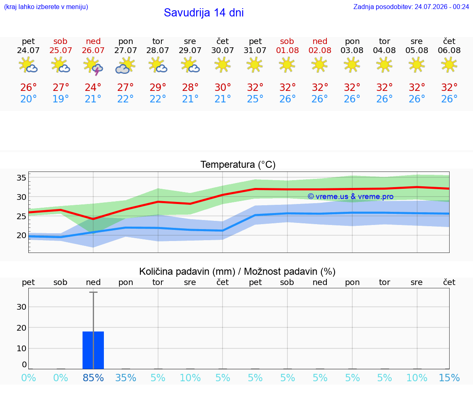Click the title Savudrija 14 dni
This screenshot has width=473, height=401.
point(204,13)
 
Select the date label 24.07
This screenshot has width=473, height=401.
point(28,51)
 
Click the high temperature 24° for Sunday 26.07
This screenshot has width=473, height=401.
point(93,87)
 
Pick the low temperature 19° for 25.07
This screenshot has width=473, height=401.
point(61,99)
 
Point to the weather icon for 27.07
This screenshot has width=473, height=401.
point(125,65)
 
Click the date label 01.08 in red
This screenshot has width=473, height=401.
point(287,51)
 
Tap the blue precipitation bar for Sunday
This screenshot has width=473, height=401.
point(93,350)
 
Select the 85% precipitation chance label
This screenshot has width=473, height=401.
point(93,378)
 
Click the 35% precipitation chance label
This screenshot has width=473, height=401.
point(126,378)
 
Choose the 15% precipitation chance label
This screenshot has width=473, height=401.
point(449,378)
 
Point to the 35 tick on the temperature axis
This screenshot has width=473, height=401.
point(21,178)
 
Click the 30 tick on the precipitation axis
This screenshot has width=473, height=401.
point(21,307)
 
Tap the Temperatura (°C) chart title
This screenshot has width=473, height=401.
point(238,165)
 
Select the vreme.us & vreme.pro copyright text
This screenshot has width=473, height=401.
point(351,197)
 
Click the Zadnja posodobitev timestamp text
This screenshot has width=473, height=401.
point(411,7)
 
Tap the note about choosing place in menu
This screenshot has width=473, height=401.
point(46,7)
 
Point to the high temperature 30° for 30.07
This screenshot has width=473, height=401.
point(223,87)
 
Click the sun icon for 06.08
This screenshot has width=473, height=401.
point(449,65)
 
